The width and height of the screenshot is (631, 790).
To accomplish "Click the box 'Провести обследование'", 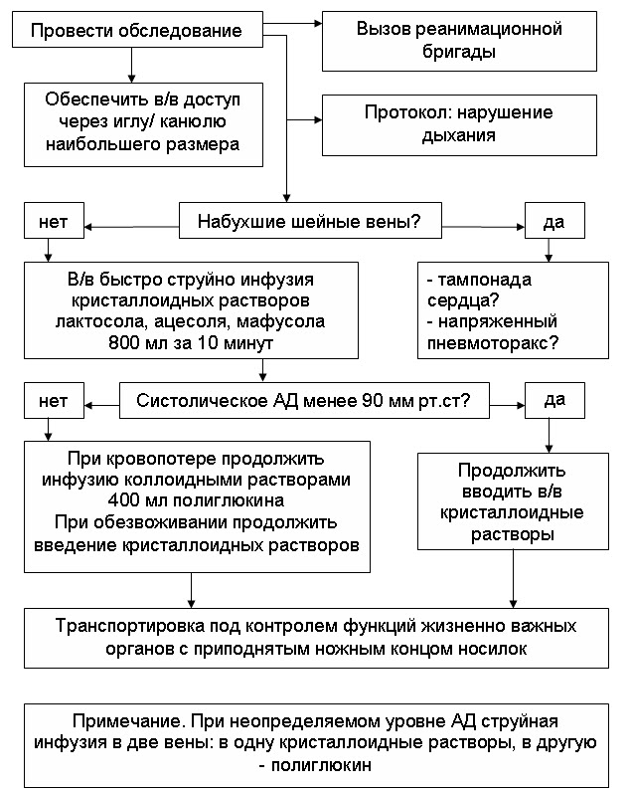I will point(136,30).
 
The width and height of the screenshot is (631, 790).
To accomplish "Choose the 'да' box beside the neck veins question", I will point(553,221).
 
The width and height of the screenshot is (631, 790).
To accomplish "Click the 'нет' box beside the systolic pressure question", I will point(53,402).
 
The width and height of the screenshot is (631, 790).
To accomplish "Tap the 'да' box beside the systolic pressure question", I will point(553,402).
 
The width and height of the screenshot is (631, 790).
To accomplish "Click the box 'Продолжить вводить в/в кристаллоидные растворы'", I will point(512,501).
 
